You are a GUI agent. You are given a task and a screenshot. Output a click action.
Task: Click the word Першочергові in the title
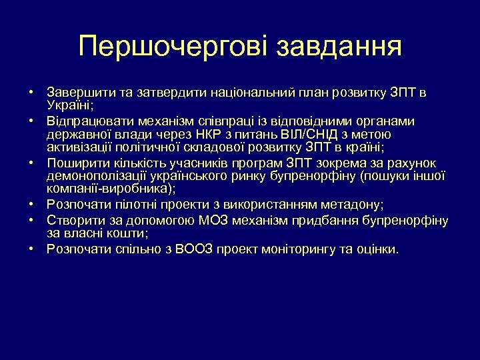(x=172, y=47)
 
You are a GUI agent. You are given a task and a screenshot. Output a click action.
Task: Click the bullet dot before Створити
(x=31, y=221)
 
